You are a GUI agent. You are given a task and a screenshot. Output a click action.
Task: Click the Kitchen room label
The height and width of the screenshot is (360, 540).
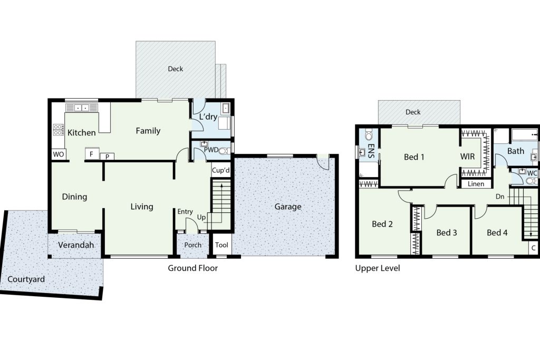pos(82,132)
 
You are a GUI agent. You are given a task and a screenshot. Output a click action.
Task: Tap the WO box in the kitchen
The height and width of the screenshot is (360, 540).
pos(59,154)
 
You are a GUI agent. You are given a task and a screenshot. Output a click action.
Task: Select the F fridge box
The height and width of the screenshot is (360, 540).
pos(92,154)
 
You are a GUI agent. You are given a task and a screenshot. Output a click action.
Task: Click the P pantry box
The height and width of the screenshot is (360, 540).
pos(107,157)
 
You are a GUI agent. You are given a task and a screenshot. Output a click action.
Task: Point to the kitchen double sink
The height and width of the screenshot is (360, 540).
pos(82,108)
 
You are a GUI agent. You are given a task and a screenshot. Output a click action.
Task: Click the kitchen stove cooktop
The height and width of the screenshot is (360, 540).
pos(58,130)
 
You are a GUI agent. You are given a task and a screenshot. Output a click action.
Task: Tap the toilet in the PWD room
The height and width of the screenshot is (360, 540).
pos(223,151)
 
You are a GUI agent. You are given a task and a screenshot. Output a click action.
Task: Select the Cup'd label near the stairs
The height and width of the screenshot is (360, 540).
pos(221,170)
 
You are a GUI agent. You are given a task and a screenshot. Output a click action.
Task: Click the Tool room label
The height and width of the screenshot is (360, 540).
pos(221,245)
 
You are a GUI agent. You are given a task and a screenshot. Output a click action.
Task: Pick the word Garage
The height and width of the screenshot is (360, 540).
pos(288,207)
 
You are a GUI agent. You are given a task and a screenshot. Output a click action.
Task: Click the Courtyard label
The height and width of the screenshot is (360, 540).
pos(26,279)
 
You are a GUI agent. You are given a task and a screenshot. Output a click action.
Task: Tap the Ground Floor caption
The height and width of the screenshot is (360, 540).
pos(193,268)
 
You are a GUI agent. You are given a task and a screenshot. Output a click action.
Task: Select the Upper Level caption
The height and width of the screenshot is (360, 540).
pos(378,268)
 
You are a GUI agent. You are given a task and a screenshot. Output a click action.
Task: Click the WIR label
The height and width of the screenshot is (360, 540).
pos(467,157)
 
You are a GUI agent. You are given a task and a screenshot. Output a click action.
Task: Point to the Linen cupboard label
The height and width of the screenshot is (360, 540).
pos(476,184)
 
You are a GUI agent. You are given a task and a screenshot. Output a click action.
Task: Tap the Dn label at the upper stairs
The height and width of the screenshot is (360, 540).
pos(500,197)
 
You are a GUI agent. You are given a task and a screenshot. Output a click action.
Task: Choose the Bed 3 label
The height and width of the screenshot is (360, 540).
pos(447,232)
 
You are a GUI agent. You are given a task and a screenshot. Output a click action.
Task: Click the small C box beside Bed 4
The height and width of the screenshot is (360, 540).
pos(534,248)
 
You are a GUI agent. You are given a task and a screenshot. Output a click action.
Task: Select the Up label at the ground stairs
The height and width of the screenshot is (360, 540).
pos(201,217)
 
